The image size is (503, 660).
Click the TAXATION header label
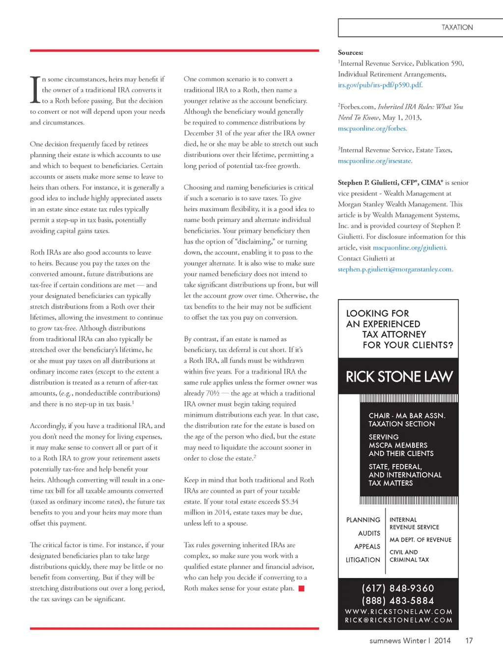point(457,27)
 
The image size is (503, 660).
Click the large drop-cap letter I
point(35,90)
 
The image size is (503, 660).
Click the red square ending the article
point(302,588)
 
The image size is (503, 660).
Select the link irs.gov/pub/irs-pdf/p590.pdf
point(380,85)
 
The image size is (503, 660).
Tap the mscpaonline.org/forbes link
point(372,128)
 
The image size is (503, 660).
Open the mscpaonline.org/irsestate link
point(375,161)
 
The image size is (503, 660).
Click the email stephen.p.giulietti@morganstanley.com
point(395,269)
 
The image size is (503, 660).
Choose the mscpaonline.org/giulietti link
point(410,247)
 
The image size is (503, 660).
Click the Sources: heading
point(350,53)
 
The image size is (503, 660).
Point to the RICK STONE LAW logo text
point(399,377)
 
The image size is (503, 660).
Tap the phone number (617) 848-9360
point(398,588)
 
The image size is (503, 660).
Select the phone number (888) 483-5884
point(398,601)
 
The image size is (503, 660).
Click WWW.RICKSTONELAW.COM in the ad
point(398,612)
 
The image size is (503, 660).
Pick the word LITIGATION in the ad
point(363,560)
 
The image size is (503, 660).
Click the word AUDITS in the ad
point(369,533)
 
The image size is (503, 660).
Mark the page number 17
point(469,640)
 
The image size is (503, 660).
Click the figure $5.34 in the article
point(290,501)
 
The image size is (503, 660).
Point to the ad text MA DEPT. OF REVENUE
point(420,540)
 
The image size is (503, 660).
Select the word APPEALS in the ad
point(367,547)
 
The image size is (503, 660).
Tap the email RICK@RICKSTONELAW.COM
point(398,620)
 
